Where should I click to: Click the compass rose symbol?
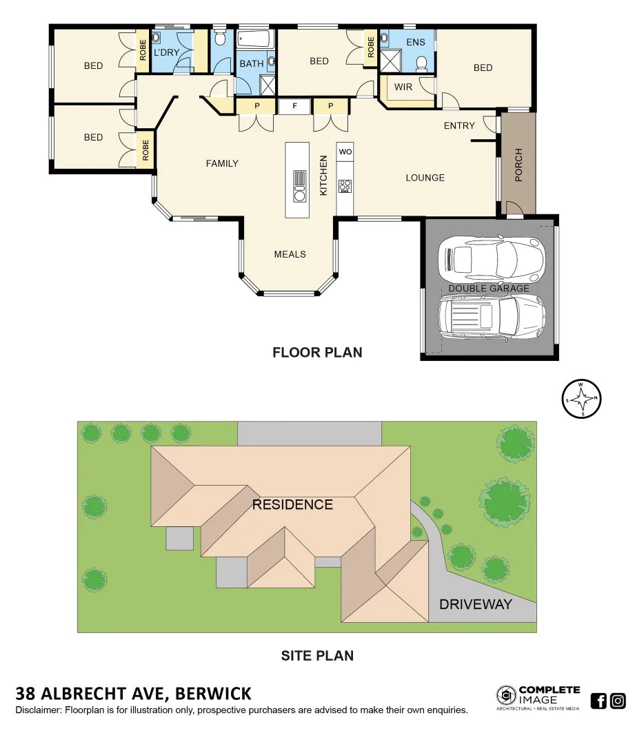coord(583,399)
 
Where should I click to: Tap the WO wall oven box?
coord(345,152)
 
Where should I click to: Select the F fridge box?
coord(295,106)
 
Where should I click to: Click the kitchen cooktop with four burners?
coord(345,186)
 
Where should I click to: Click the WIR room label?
coord(403,87)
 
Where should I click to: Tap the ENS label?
coord(416,42)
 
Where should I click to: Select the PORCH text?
coord(519,165)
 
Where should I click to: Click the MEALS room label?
coord(290,254)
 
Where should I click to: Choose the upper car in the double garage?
coord(490,257)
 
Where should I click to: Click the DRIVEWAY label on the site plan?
coord(476,604)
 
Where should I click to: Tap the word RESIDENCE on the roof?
coord(292,504)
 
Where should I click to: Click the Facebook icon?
coord(598,701)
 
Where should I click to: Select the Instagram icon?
coord(618,701)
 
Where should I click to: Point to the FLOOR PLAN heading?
coord(317,353)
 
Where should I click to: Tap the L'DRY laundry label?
coord(166,52)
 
